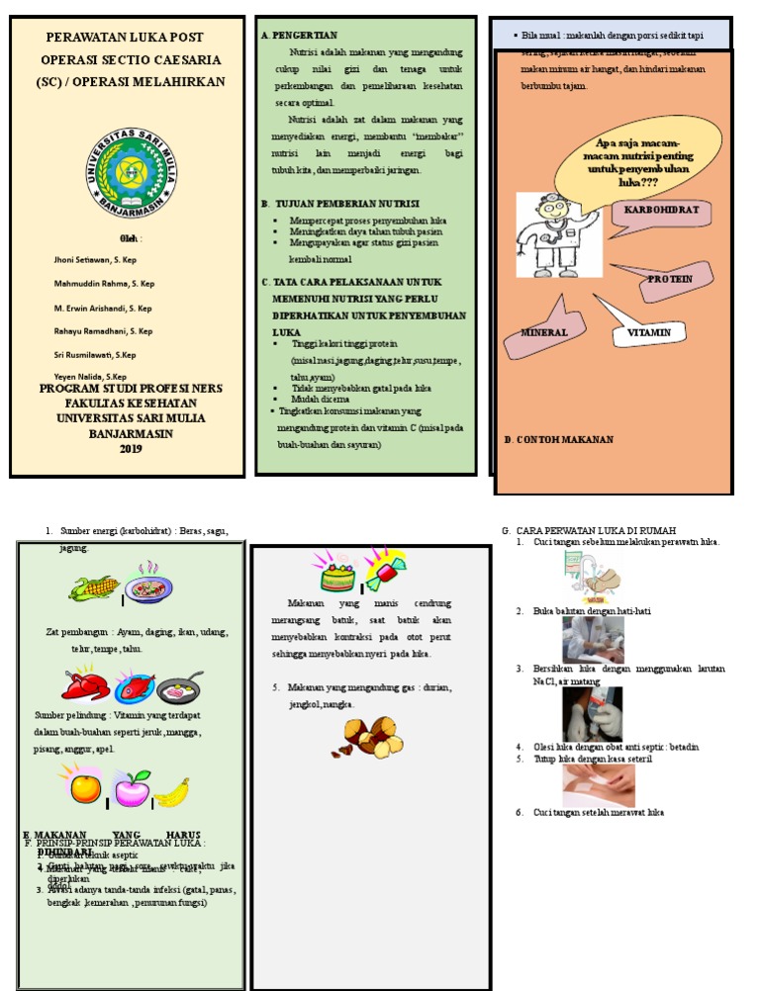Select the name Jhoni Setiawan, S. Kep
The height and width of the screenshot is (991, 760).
[96, 259]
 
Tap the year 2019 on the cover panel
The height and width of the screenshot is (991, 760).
[131, 448]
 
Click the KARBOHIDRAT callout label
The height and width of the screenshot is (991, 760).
[661, 211]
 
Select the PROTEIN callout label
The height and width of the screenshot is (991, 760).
[669, 279]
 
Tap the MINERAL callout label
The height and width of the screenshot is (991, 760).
[545, 333]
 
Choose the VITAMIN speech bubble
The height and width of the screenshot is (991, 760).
[648, 332]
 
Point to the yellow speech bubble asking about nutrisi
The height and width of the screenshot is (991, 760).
[622, 158]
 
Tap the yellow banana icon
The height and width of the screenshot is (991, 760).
[170, 790]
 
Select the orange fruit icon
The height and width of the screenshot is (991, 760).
[85, 788]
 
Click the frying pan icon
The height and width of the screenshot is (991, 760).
[180, 687]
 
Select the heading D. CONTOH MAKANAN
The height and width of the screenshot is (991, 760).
[559, 439]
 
